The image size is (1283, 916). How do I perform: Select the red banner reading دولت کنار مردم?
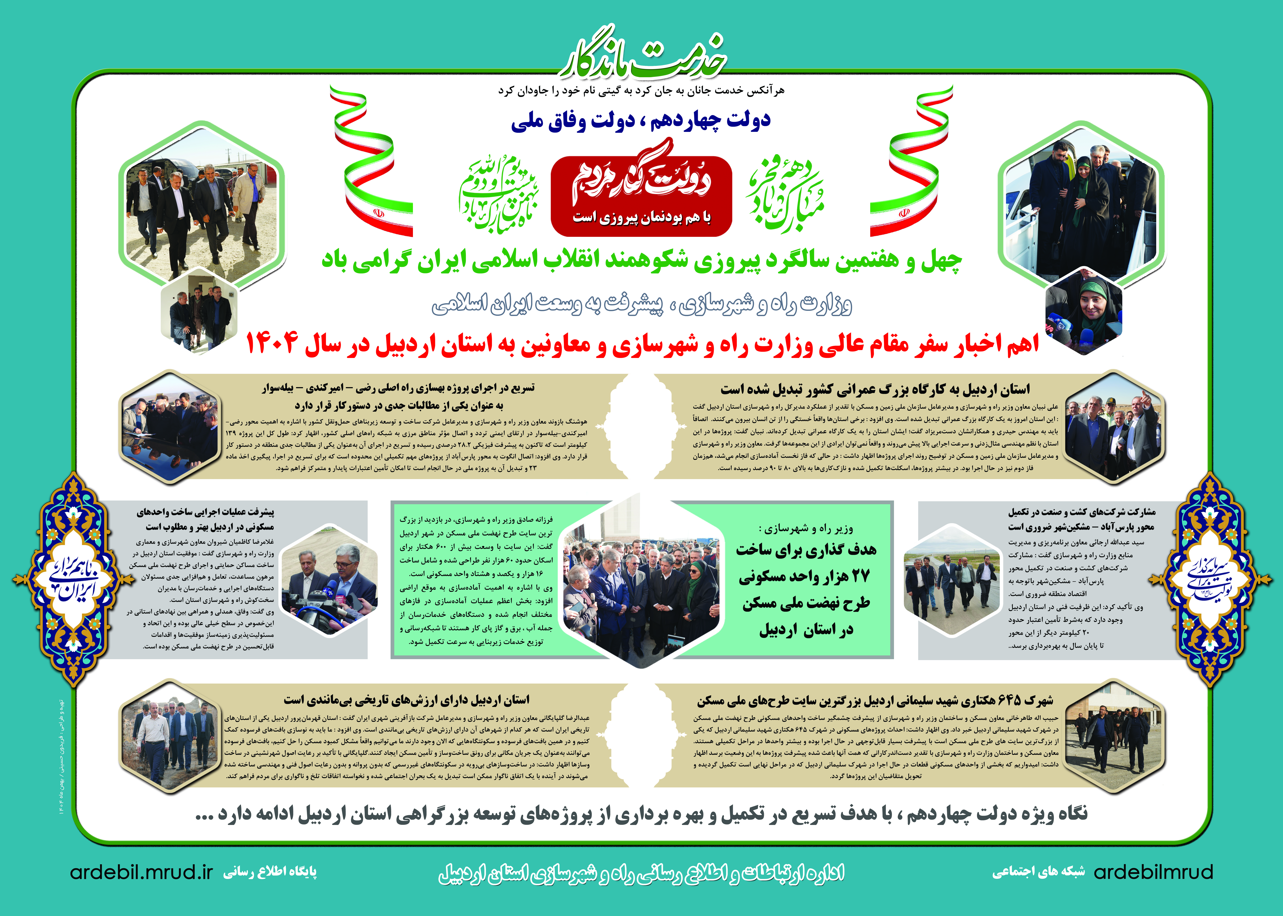tap(641, 195)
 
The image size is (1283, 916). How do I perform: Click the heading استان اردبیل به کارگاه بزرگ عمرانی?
tap(875, 389)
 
